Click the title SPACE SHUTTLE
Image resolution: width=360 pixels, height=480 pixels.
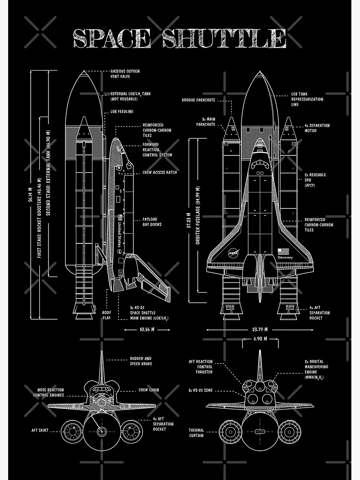(180, 38)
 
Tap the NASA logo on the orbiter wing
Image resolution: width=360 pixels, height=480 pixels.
(234, 252)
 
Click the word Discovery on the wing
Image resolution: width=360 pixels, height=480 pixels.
(285, 258)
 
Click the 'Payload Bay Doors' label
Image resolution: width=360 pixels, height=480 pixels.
(152, 222)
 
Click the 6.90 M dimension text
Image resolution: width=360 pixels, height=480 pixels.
(260, 339)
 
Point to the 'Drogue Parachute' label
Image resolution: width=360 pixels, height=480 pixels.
(198, 100)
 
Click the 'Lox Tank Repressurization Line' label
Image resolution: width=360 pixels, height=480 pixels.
(307, 99)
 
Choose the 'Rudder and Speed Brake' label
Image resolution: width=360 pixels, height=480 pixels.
(141, 361)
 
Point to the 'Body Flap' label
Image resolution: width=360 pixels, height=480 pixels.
(107, 315)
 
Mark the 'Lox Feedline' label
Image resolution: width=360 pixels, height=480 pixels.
(121, 112)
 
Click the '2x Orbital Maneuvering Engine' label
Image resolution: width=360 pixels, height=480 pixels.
(315, 370)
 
